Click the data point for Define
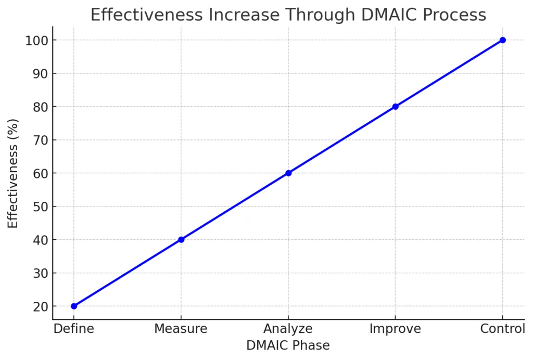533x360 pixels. tap(74, 306)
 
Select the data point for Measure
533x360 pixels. tap(181, 239)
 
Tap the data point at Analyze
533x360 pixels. tap(288, 173)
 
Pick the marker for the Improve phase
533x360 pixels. tap(395, 107)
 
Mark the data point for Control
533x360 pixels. tap(502, 40)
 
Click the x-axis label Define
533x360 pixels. tap(74, 329)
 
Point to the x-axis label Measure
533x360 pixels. tap(181, 329)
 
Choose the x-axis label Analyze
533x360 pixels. tap(288, 329)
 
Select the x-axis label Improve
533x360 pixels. tap(395, 329)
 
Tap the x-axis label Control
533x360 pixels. tap(502, 329)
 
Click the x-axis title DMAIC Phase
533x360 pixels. tap(288, 345)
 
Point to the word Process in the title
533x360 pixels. tap(456, 15)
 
